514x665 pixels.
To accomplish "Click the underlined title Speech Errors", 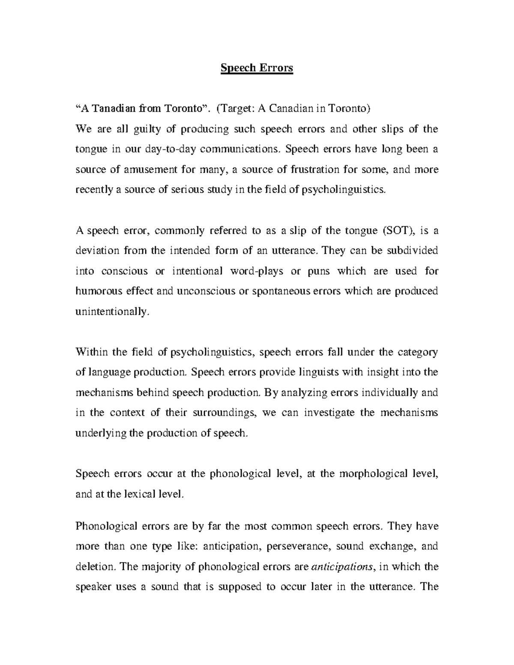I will pos(257,68).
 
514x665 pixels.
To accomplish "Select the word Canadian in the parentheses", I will pos(291,108).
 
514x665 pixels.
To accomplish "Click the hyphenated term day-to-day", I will pos(175,149).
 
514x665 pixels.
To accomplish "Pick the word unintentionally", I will pos(113,312).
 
